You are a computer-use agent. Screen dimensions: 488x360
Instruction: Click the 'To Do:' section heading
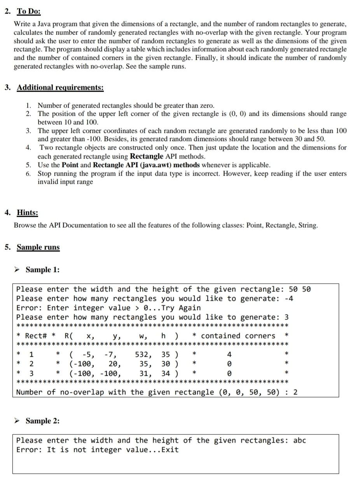click(x=29, y=11)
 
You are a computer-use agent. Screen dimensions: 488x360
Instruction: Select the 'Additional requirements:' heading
click(x=60, y=87)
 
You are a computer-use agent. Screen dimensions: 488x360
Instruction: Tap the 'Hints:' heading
click(x=27, y=213)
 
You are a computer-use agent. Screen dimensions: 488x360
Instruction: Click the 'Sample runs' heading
click(x=38, y=247)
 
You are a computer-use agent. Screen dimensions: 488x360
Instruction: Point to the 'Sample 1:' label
click(x=42, y=270)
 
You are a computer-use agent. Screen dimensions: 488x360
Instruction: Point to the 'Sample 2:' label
click(x=42, y=421)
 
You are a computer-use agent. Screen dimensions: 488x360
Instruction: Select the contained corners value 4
click(x=229, y=354)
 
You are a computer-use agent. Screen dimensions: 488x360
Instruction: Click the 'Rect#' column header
click(x=36, y=336)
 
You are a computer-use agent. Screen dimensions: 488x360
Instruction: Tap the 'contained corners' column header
click(x=238, y=336)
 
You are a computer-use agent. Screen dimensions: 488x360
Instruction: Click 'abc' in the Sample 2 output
click(x=299, y=440)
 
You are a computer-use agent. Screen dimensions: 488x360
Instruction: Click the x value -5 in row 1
click(x=87, y=354)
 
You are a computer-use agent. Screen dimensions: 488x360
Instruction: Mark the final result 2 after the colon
click(x=295, y=392)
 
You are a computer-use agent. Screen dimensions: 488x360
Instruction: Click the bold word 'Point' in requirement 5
click(x=70, y=165)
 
